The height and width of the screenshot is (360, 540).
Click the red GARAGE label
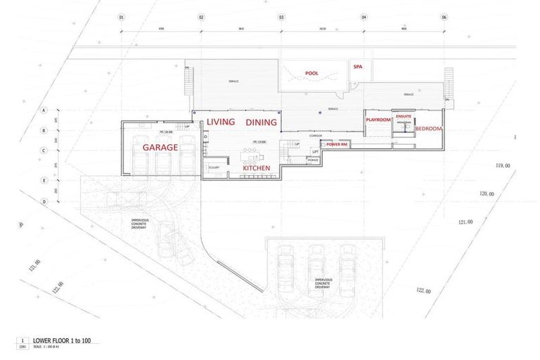pyautogui.click(x=160, y=148)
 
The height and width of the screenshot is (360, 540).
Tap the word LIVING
pyautogui.click(x=220, y=122)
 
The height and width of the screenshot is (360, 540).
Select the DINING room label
pyautogui.click(x=261, y=122)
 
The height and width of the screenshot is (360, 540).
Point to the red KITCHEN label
pyautogui.click(x=257, y=169)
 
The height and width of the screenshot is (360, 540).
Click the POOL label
pyautogui.click(x=311, y=73)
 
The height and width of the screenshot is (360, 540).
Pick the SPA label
pyautogui.click(x=357, y=67)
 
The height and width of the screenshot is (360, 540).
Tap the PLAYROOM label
pyautogui.click(x=378, y=120)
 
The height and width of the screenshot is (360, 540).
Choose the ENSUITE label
pyautogui.click(x=404, y=116)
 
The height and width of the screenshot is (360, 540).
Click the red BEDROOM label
pyautogui.click(x=428, y=129)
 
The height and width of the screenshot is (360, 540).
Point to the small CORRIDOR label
pyautogui.click(x=315, y=135)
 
